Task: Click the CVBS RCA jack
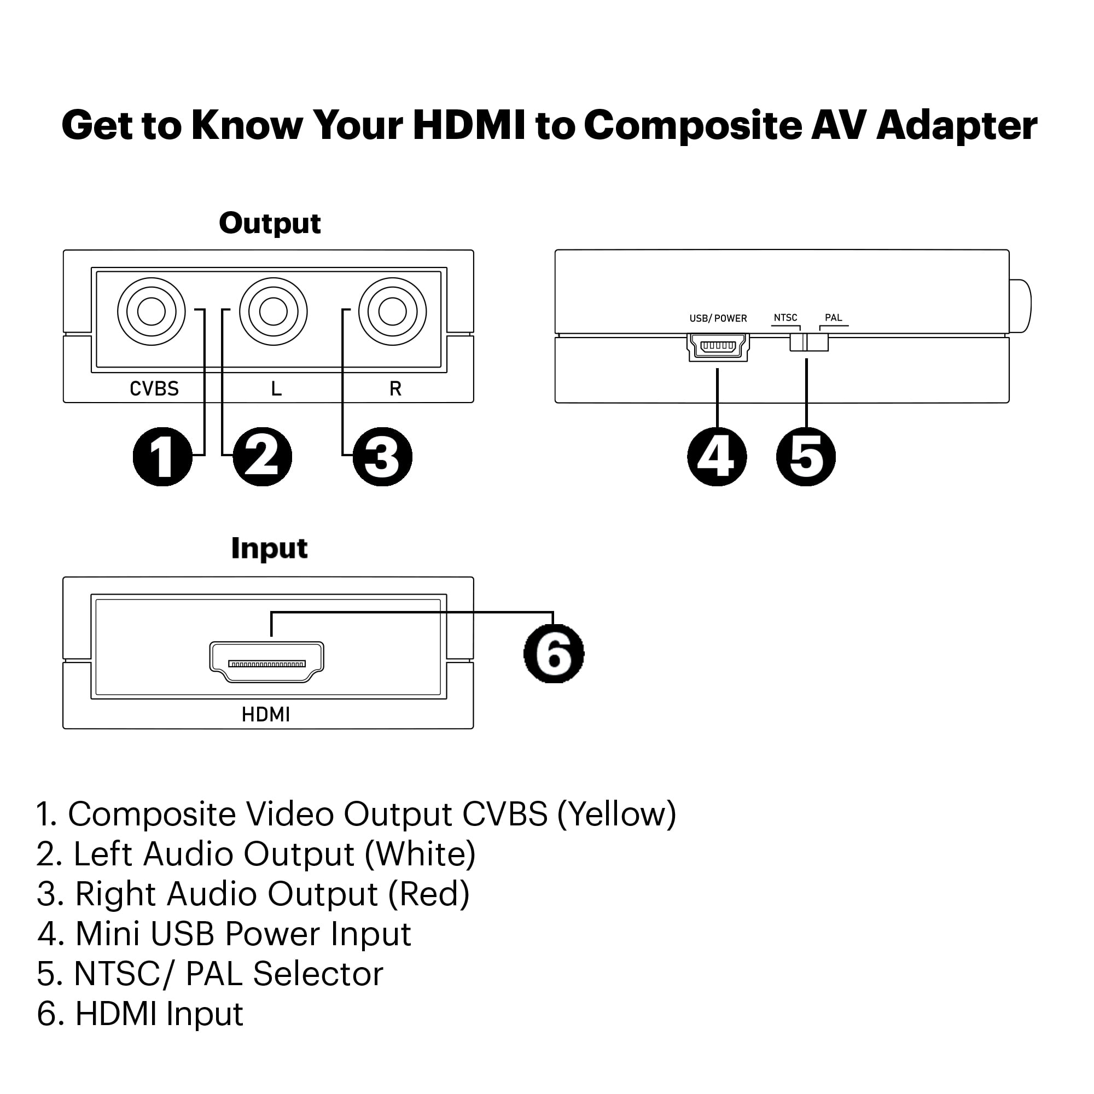(151, 311)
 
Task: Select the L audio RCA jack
(273, 311)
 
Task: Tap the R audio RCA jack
(392, 311)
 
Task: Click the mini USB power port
(718, 346)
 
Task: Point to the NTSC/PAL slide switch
(808, 342)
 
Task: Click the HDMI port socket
(267, 662)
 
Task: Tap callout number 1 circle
(162, 456)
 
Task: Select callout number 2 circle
(262, 456)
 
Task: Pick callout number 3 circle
(382, 456)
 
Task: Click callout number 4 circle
(717, 456)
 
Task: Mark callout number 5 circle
(806, 456)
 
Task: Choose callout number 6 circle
(554, 654)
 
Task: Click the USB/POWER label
(718, 318)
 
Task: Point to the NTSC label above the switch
(785, 318)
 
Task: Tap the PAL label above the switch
(834, 318)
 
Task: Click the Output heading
(270, 224)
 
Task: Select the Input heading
(270, 548)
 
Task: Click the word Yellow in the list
(616, 814)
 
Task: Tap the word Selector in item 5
(318, 974)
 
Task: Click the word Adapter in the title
(956, 126)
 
